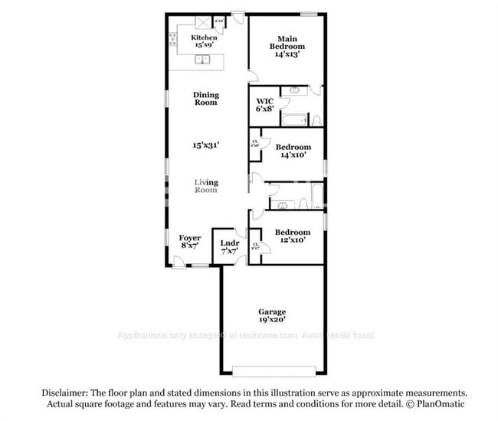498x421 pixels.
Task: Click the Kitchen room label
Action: (204, 38)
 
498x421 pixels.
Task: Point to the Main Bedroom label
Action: (287, 39)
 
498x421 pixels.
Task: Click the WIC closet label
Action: (264, 100)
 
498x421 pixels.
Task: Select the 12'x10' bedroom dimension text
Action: (293, 241)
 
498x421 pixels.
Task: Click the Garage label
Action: (272, 312)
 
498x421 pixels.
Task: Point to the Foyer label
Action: (189, 238)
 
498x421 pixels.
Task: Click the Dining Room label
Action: (205, 99)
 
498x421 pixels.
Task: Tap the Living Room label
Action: (205, 186)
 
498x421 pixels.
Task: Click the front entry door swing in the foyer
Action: (178, 262)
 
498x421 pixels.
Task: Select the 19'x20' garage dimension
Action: (272, 320)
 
